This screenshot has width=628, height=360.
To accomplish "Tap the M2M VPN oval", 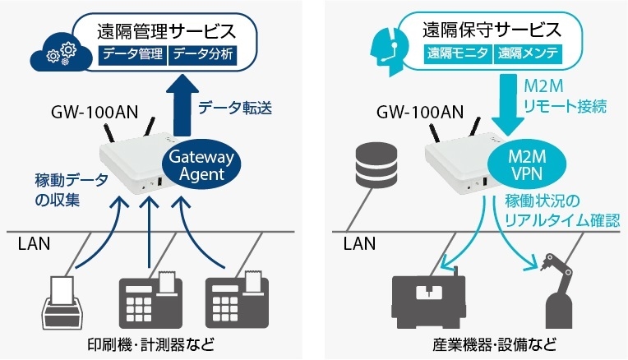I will (518, 165).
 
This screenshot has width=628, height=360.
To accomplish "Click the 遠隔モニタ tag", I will (458, 55).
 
